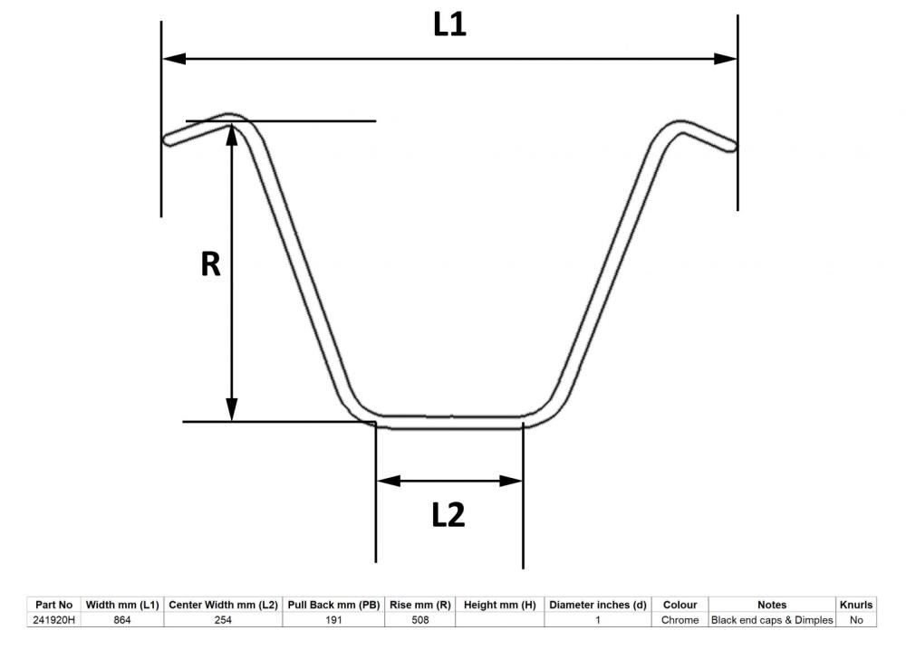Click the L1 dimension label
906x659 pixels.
click(449, 24)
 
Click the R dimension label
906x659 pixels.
click(210, 264)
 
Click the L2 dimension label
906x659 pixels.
click(448, 515)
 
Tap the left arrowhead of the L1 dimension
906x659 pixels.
click(174, 59)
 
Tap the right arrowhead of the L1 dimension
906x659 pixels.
click(725, 59)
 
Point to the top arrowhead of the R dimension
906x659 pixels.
click(232, 135)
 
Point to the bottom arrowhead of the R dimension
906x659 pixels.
click(232, 410)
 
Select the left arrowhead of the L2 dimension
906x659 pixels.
click(389, 481)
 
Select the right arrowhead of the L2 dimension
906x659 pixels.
click(511, 481)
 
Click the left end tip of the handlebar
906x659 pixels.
click(166, 140)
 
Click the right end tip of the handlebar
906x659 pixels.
click(735, 147)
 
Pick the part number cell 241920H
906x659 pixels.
click(53, 620)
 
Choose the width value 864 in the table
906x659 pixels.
click(122, 620)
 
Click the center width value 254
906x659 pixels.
click(223, 620)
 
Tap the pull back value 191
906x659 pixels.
click(333, 620)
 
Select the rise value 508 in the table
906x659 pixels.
click(420, 620)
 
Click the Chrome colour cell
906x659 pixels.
click(680, 620)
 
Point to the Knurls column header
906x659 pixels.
click(856, 605)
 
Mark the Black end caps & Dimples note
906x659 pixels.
click(772, 620)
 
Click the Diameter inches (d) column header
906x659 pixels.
click(597, 605)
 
